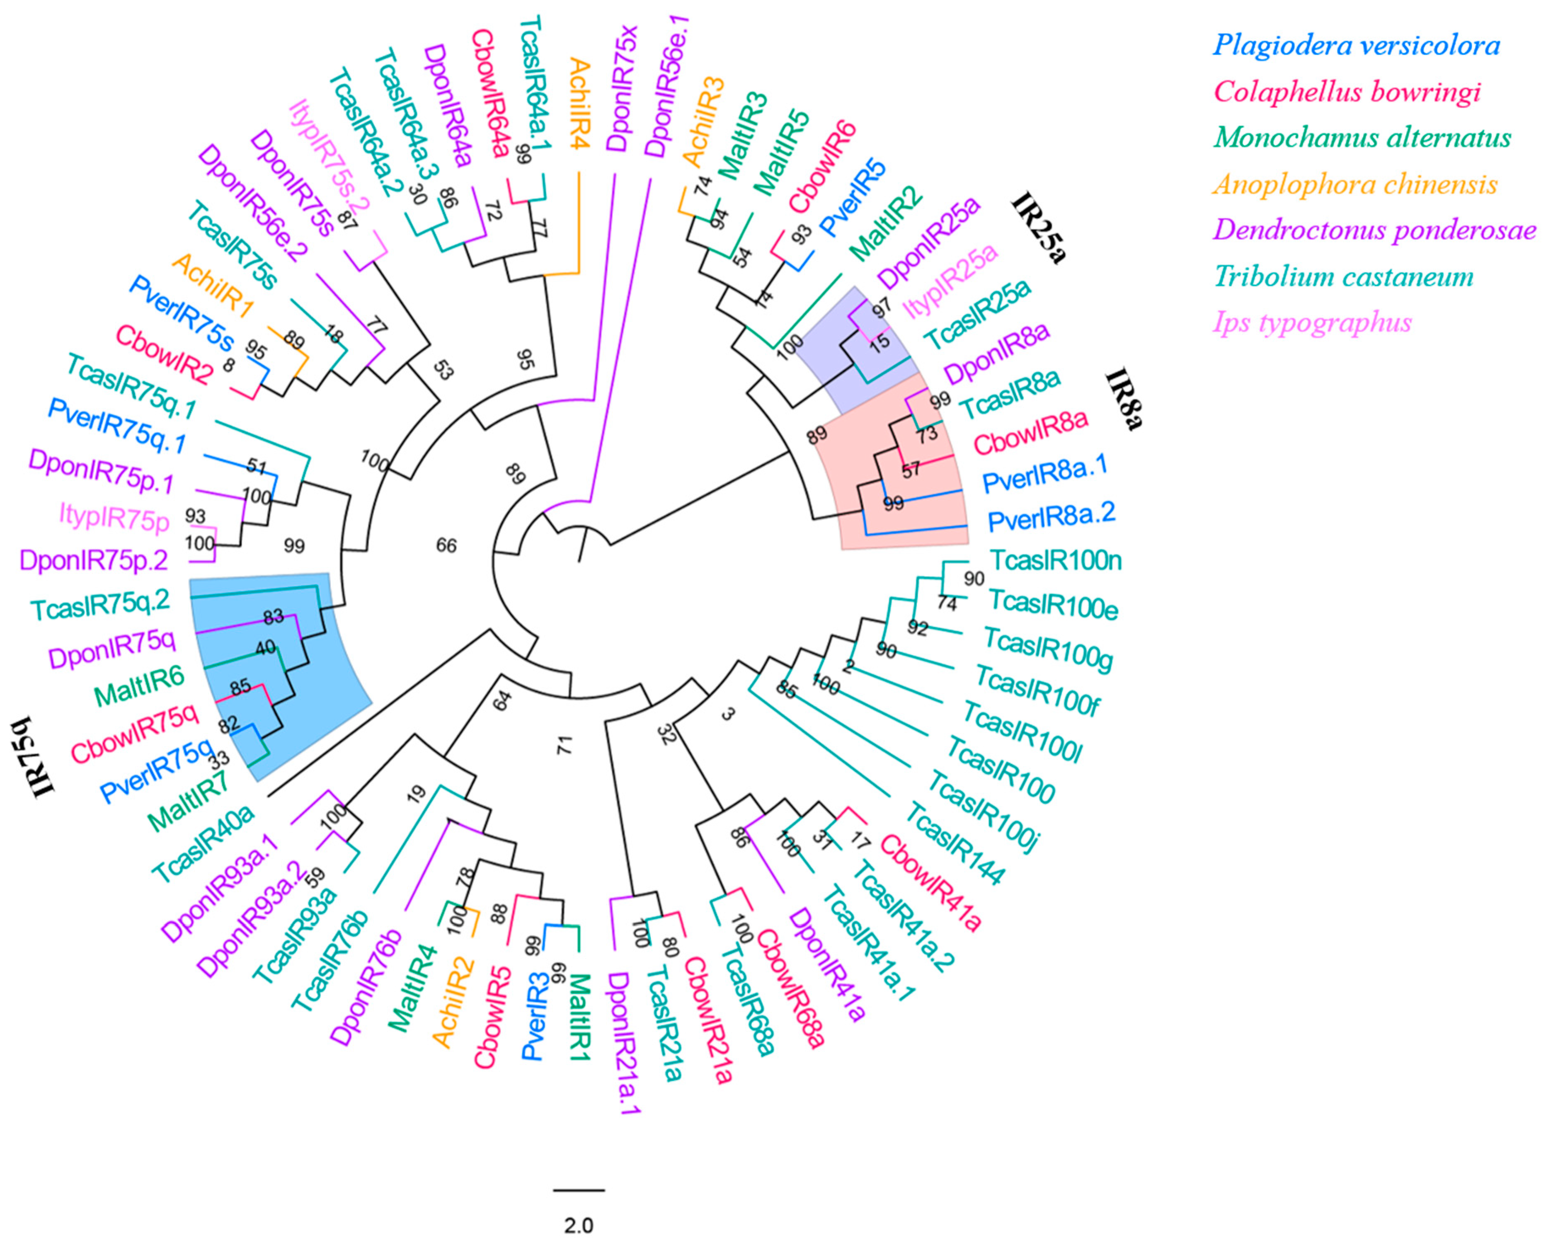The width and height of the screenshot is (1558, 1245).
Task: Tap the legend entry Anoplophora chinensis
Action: click(1355, 184)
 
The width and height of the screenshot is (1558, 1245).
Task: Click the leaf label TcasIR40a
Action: click(204, 843)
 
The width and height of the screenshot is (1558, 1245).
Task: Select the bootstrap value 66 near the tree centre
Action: click(446, 545)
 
